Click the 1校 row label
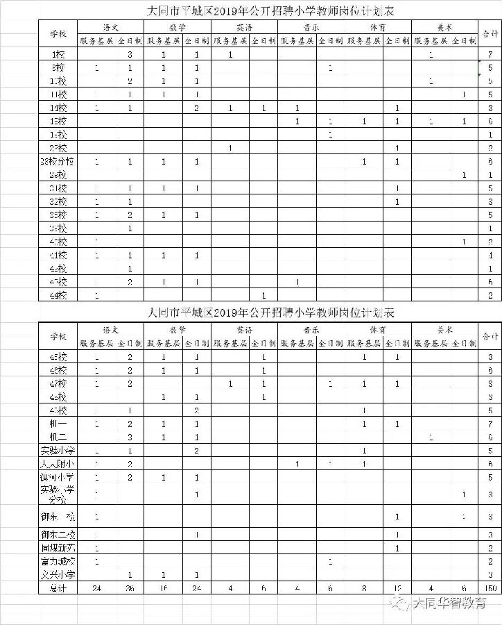coord(58,54)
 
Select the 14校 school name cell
coord(58,108)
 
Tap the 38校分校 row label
coord(58,162)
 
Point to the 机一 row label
coord(58,424)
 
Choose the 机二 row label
coord(58,437)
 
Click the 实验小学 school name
coord(58,451)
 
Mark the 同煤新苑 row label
coord(58,548)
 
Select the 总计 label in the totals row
coord(58,588)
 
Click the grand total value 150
coord(490,588)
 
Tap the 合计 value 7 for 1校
coord(490,54)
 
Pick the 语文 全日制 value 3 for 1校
coord(130,54)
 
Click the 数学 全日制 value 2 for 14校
coord(197,108)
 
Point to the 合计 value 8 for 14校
coord(490,108)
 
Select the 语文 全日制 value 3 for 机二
coord(130,437)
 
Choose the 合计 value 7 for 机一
coord(490,424)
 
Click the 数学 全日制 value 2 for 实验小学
coord(197,451)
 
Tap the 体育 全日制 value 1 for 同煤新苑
coord(396,548)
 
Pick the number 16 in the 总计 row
coord(164,588)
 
